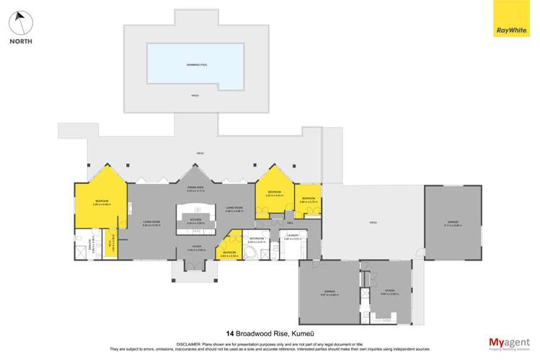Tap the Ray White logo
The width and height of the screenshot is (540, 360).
pyautogui.click(x=510, y=19)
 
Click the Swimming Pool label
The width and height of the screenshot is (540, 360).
pyautogui.click(x=195, y=65)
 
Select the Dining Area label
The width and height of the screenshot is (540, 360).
pyautogui.click(x=195, y=188)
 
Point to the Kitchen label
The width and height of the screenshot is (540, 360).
pyautogui.click(x=195, y=219)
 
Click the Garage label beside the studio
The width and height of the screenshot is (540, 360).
pyautogui.click(x=329, y=291)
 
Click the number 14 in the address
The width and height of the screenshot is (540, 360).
pyautogui.click(x=230, y=334)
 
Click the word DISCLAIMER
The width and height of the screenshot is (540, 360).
pyautogui.click(x=189, y=343)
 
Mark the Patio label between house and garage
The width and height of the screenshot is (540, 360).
pyautogui.click(x=373, y=222)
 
